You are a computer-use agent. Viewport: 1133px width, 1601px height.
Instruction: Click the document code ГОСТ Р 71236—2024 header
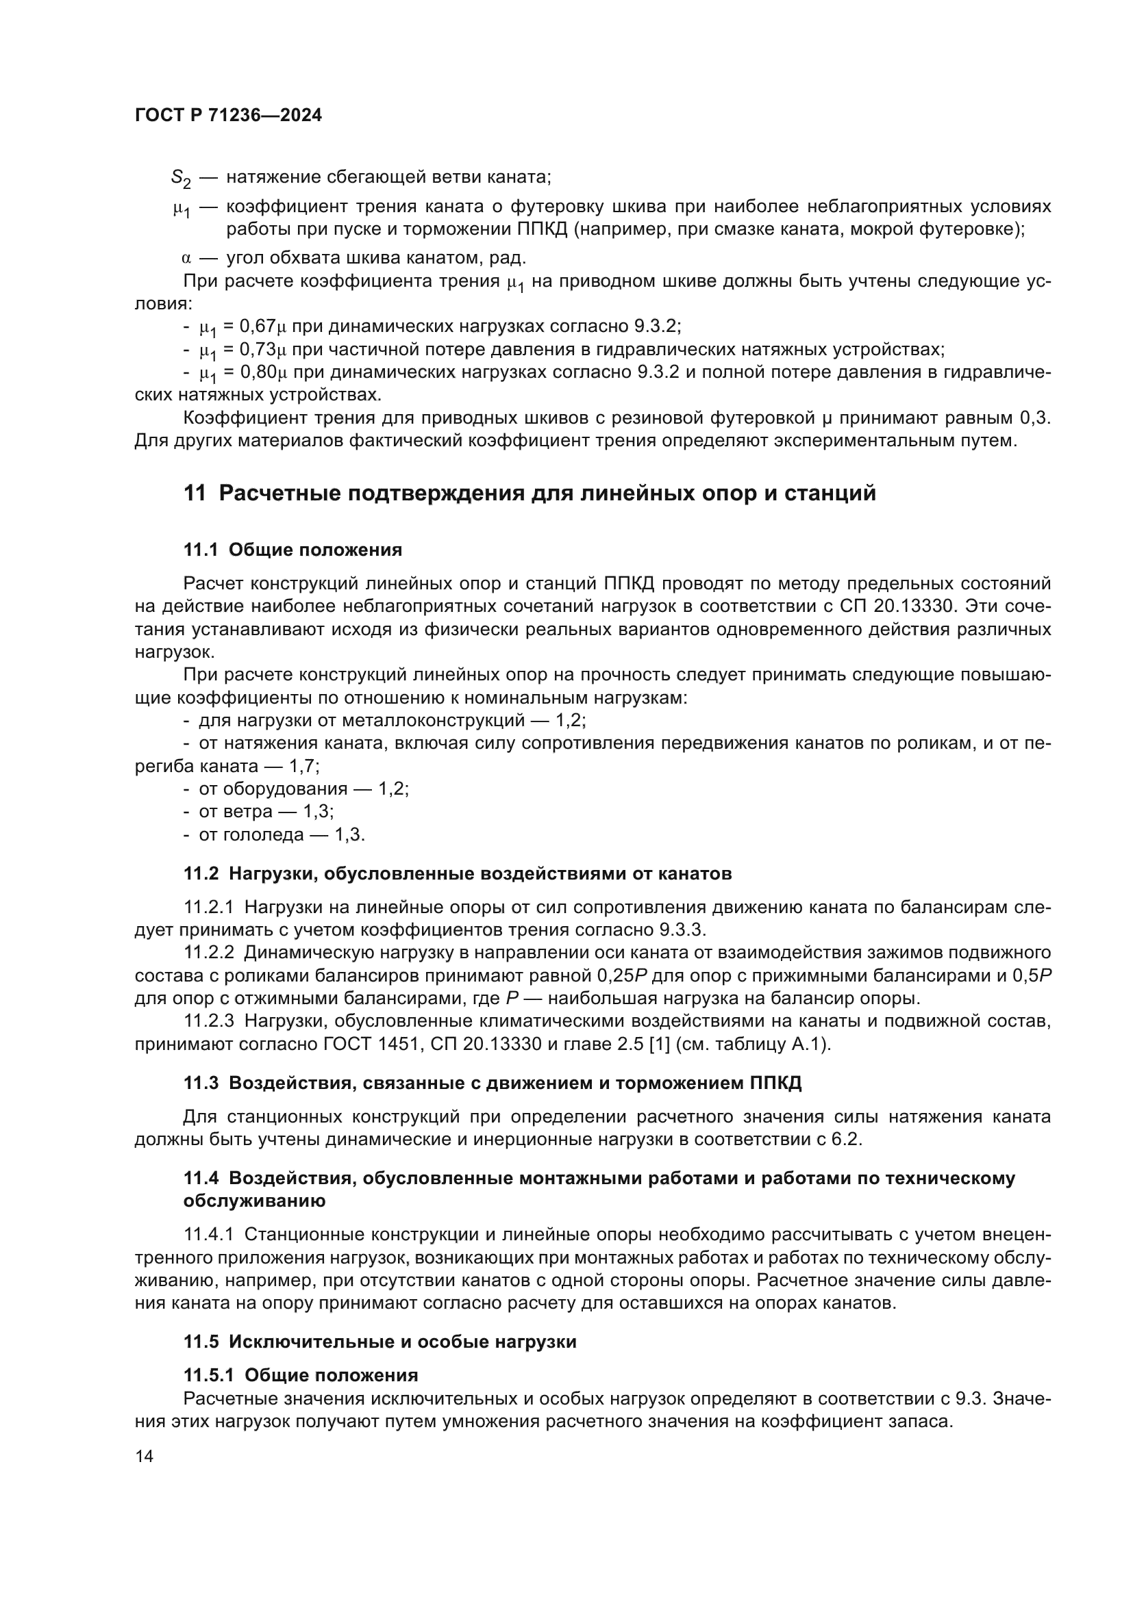click(x=228, y=116)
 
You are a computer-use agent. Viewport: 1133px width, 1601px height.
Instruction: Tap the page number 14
click(x=145, y=1456)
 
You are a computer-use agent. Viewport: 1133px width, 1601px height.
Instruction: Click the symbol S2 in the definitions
click(x=181, y=179)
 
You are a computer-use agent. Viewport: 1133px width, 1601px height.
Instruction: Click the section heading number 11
click(x=195, y=493)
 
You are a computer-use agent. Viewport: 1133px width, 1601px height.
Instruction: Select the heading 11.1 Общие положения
click(x=293, y=550)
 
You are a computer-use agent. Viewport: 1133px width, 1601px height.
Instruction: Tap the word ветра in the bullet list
click(x=248, y=812)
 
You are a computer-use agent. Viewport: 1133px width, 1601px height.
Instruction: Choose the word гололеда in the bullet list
click(x=263, y=834)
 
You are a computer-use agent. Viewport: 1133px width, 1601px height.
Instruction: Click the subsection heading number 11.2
click(x=201, y=873)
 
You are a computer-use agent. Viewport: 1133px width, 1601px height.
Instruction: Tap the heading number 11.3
click(x=201, y=1083)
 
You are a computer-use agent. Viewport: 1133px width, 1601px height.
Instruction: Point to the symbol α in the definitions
click(x=186, y=259)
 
